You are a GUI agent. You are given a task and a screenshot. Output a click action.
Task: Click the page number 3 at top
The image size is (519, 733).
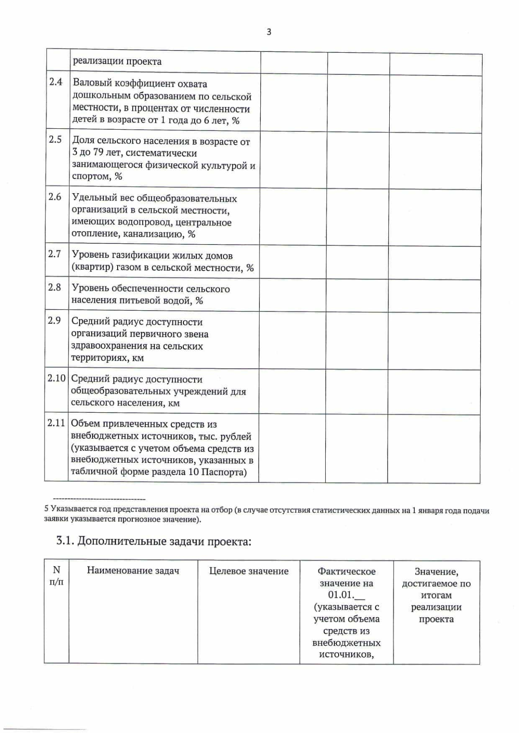(269, 32)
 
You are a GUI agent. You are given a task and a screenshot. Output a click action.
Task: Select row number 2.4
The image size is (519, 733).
(55, 82)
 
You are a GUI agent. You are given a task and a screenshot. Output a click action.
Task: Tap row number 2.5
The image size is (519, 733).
(55, 139)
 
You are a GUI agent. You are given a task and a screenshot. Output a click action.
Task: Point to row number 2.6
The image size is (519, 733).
(55, 197)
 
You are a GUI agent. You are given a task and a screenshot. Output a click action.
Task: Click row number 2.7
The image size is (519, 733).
(55, 254)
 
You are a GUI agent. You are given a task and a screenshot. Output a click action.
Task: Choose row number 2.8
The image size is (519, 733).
(54, 287)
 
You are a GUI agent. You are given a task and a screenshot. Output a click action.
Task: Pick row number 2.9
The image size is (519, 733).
(54, 320)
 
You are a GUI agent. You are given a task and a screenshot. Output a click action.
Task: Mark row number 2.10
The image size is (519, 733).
(56, 378)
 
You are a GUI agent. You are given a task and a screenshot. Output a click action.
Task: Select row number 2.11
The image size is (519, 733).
(56, 423)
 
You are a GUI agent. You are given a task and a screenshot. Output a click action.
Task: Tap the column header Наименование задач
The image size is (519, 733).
(133, 570)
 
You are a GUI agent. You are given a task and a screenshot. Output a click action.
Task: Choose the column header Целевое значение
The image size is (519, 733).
(249, 571)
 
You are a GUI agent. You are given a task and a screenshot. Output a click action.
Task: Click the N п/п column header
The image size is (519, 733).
(56, 576)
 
